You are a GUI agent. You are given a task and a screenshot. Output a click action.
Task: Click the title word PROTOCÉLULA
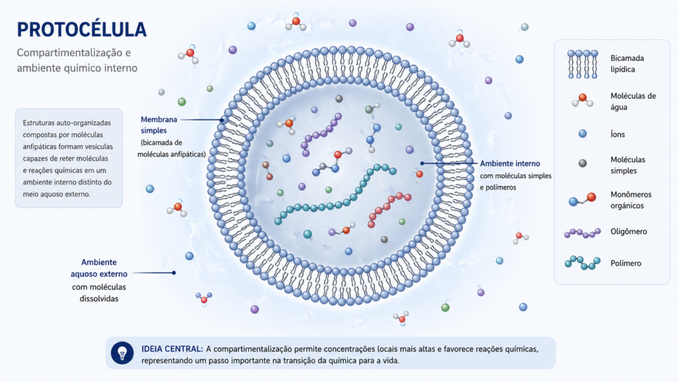[x=82, y=29]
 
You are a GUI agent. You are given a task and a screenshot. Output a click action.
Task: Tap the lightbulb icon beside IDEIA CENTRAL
[x=122, y=353]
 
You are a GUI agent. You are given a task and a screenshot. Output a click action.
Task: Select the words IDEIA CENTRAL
[x=172, y=349]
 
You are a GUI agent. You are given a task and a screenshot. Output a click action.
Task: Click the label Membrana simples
[x=158, y=125]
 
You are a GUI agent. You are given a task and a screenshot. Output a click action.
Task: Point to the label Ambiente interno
[x=510, y=164]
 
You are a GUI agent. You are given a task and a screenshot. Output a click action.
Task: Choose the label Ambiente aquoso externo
[x=99, y=268]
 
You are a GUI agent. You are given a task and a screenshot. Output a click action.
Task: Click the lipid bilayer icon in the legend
[x=582, y=64]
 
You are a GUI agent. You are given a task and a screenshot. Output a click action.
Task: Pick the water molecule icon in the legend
[x=582, y=100]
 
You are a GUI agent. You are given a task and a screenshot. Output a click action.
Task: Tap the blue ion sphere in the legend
[x=583, y=134]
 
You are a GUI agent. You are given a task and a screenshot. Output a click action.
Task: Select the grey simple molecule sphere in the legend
[x=583, y=163]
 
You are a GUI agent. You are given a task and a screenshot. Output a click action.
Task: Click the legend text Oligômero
[x=629, y=231]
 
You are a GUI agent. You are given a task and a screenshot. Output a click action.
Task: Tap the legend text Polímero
[x=626, y=263]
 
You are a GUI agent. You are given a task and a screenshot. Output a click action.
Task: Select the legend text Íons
[x=618, y=134]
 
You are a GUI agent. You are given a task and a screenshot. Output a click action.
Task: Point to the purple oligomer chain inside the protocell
[x=321, y=133]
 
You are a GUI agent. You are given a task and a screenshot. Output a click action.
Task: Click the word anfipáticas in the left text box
[x=42, y=147]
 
